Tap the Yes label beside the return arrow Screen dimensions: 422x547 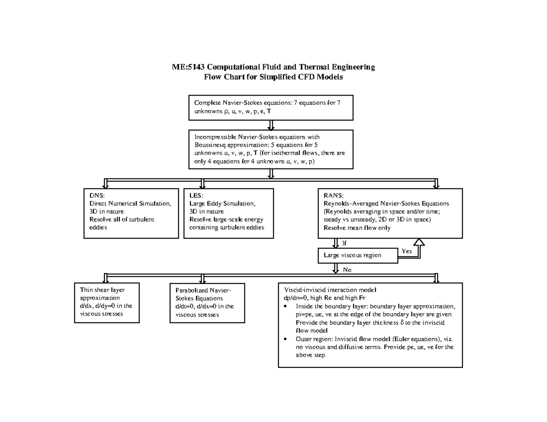407,251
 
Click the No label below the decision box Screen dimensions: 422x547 347,269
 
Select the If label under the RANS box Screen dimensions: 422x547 344,243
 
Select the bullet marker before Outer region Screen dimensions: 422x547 285,339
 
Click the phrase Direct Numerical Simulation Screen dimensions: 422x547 130,203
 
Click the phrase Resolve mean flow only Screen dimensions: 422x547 357,228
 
